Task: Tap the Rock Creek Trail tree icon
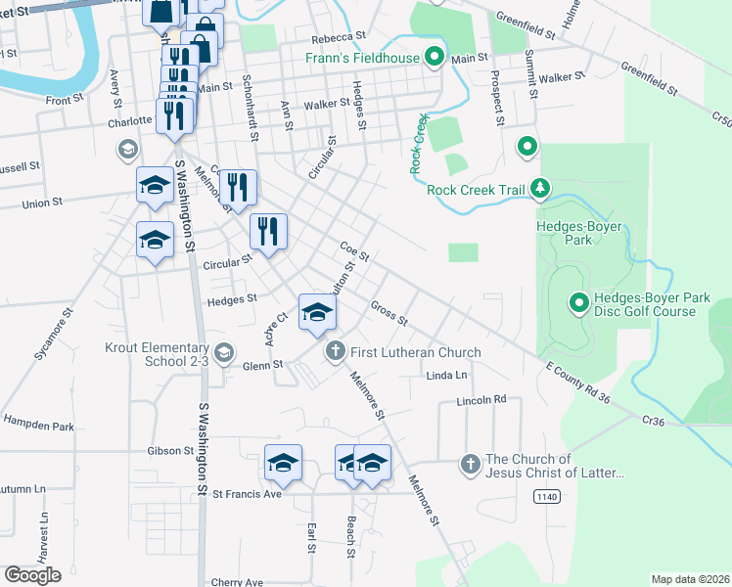pyautogui.click(x=538, y=188)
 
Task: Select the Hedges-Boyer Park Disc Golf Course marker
pyautogui.click(x=579, y=304)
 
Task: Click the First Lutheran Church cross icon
pyautogui.click(x=336, y=351)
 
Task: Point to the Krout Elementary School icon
pyautogui.click(x=223, y=352)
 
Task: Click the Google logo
pyautogui.click(x=32, y=575)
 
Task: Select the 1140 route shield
pyautogui.click(x=547, y=497)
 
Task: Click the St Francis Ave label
pyautogui.click(x=248, y=494)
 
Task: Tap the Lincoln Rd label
pyautogui.click(x=481, y=400)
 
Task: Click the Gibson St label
pyautogui.click(x=170, y=451)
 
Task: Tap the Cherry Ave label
pyautogui.click(x=237, y=582)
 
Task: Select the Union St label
pyautogui.click(x=42, y=203)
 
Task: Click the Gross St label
pyautogui.click(x=389, y=313)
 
